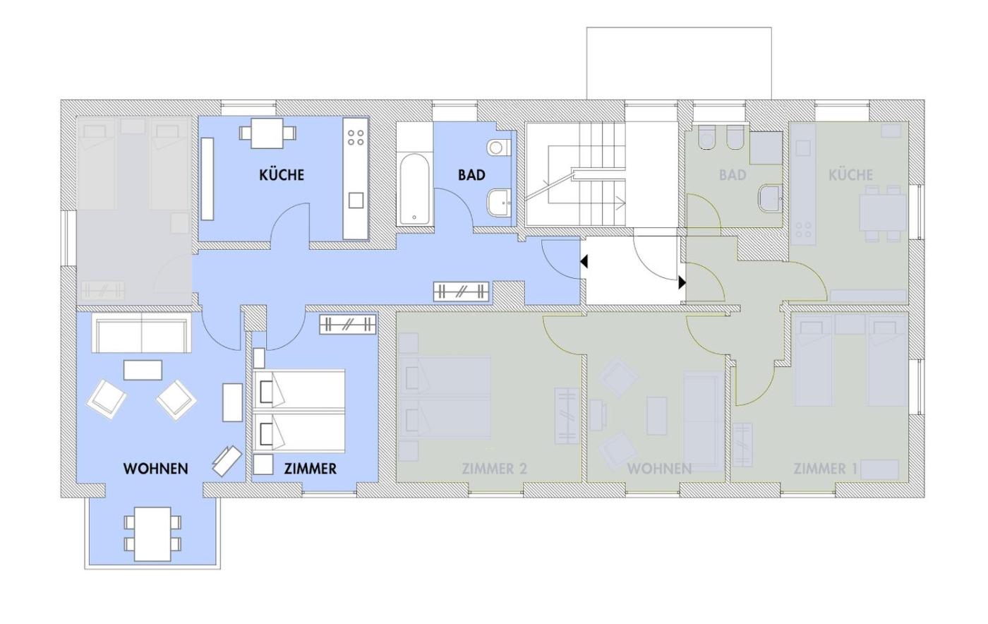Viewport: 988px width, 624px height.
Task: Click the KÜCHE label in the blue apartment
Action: (282, 175)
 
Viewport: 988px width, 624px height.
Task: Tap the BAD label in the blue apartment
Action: (471, 175)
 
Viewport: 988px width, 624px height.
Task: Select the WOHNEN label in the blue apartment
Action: (156, 468)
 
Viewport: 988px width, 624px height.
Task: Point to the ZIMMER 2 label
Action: (494, 468)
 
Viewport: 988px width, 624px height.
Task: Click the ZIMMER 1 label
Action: (825, 468)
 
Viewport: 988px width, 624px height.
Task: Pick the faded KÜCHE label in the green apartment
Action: (850, 175)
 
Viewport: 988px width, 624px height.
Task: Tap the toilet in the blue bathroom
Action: (499, 148)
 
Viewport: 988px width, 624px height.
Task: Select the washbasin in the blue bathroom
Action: (500, 203)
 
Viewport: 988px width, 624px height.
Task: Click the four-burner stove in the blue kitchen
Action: (356, 137)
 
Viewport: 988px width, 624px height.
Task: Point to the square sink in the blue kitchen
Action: (356, 200)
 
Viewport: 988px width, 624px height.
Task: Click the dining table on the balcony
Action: (152, 534)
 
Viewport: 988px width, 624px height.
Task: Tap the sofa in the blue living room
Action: (142, 332)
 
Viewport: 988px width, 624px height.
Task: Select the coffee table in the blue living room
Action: (143, 370)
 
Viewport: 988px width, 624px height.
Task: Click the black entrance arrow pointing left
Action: (584, 262)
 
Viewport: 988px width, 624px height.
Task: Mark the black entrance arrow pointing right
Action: (682, 282)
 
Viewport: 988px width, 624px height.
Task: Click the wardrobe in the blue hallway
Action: (462, 292)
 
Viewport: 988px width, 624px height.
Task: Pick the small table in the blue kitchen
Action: (267, 133)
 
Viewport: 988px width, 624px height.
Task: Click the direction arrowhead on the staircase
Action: (621, 203)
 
